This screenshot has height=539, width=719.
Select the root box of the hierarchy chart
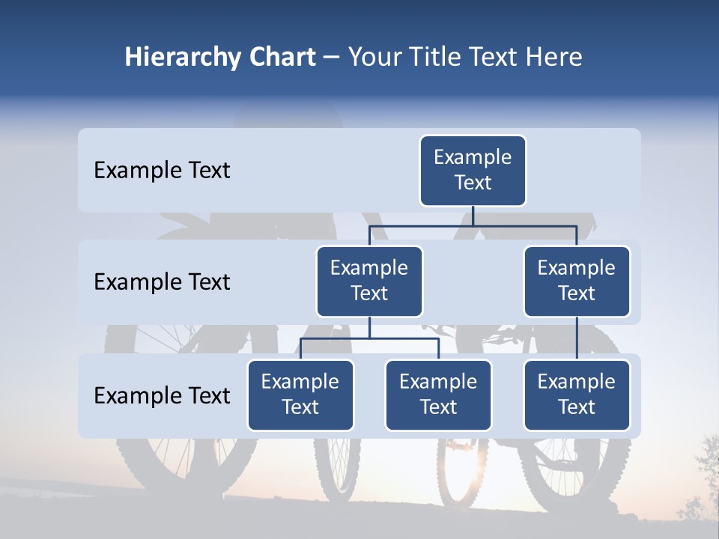pos(473,170)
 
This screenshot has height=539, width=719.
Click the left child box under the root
pos(369,281)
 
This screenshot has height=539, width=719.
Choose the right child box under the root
pos(577,281)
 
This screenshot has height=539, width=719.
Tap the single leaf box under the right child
pos(577,395)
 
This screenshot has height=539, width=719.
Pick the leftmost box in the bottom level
pos(300,395)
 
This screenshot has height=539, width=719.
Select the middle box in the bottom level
pos(438,395)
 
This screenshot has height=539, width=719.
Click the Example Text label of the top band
pos(162,171)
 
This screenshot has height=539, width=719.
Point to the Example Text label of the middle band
pos(162,282)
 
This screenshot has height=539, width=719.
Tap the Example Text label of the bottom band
pos(162,395)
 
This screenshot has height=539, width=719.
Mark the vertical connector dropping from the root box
pos(473,216)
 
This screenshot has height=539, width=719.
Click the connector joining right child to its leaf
pos(577,338)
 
